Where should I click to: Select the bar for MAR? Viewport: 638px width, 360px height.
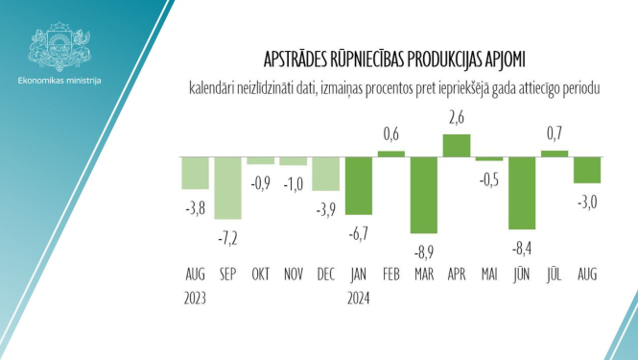click(423, 194)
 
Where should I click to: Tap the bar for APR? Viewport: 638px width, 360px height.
click(456, 145)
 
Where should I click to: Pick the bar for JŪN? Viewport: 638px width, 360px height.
click(521, 192)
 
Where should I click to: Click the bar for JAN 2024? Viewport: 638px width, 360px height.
click(358, 184)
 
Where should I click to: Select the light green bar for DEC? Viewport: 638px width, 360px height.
click(325, 173)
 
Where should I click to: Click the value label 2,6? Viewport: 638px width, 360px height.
click(456, 118)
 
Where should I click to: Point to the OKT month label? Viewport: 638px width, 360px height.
click(260, 274)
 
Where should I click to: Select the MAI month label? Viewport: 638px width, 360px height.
click(488, 274)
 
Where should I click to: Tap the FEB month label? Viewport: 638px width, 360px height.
click(390, 274)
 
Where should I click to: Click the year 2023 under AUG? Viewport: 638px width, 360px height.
click(195, 297)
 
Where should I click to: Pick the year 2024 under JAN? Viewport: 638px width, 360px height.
click(358, 297)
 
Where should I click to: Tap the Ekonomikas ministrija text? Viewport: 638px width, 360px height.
click(59, 80)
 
